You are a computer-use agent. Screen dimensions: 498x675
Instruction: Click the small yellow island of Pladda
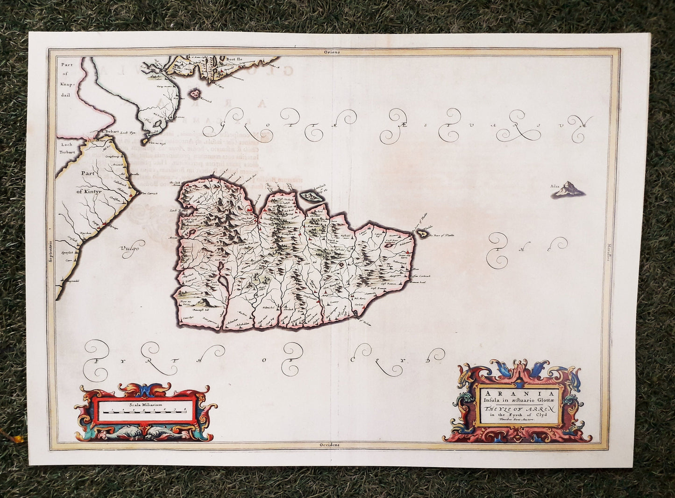(x=424, y=233)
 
